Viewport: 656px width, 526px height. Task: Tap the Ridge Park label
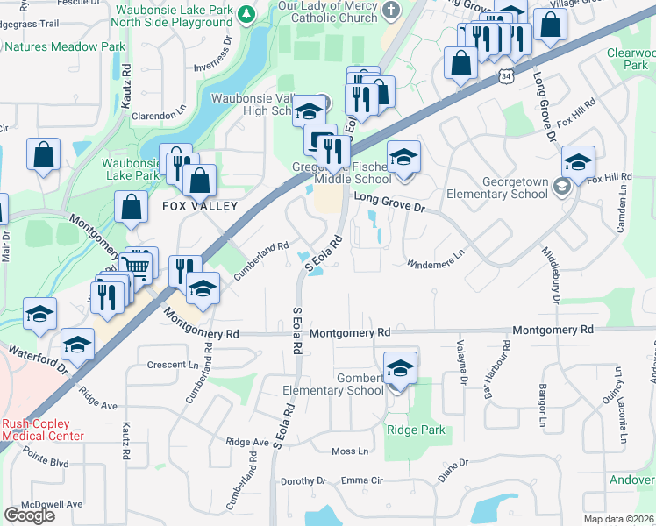pos(416,430)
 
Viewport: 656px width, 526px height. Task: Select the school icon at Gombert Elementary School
pos(400,367)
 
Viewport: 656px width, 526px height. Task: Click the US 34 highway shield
pos(505,77)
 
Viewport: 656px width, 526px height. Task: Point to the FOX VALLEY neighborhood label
pos(200,206)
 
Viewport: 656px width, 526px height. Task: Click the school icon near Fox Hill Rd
pos(578,161)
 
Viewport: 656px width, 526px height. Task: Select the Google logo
pos(29,515)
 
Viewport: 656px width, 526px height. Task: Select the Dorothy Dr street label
pos(303,481)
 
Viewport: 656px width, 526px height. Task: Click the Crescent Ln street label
pos(173,365)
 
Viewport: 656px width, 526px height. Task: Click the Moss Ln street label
pos(350,451)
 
